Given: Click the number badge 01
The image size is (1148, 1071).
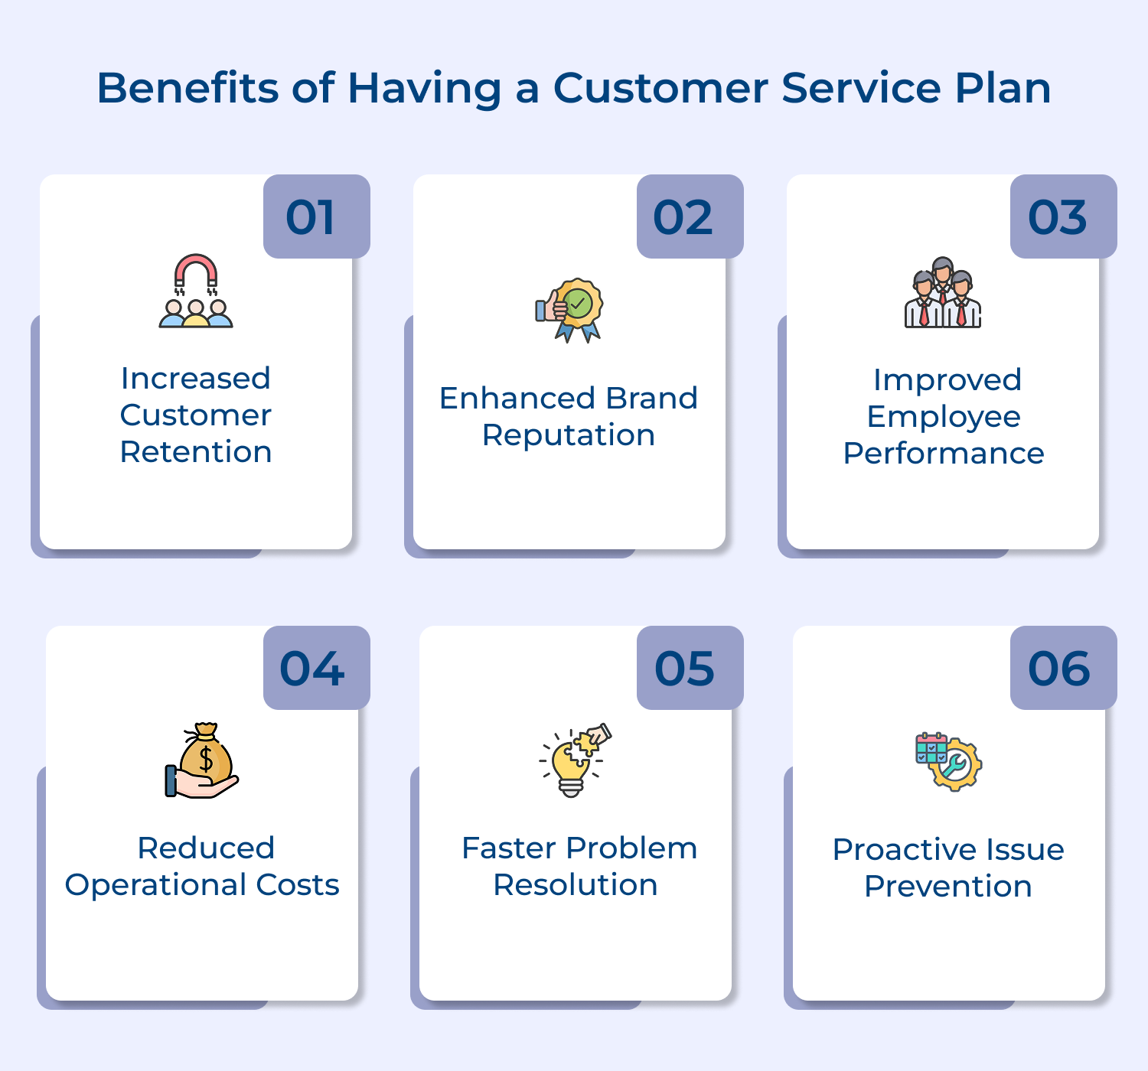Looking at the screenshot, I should [316, 216].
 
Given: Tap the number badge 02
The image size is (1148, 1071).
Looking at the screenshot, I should [690, 216].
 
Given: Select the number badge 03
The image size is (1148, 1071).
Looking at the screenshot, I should [1063, 216].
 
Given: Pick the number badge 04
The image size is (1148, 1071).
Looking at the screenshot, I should [316, 668].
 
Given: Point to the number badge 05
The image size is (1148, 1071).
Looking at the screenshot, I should [690, 668].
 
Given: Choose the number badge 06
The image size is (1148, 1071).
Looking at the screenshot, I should [1063, 668].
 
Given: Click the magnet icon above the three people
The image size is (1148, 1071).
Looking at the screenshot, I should [196, 272].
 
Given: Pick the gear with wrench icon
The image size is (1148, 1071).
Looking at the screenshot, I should [955, 765].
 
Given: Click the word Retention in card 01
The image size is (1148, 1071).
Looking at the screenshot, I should [196, 452].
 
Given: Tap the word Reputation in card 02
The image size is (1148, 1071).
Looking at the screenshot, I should [569, 435].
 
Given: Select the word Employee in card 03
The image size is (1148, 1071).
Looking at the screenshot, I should [943, 417].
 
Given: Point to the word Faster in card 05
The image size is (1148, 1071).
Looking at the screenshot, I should [508, 848].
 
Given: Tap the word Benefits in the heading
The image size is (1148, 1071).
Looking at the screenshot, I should [188, 88].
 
